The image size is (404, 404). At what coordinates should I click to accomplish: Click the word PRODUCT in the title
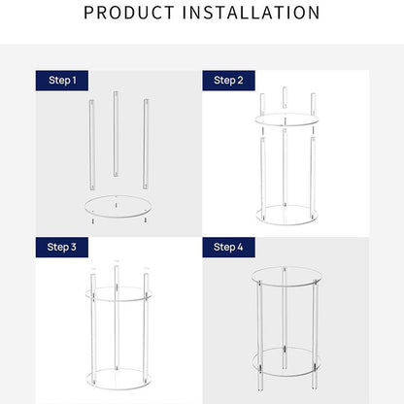point(131,14)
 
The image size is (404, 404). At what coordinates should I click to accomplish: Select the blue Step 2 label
point(229,79)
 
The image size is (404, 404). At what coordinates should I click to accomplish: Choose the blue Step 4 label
point(229,247)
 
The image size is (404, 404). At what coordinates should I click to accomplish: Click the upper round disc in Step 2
point(286,120)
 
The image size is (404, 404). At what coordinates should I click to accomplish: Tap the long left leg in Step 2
point(262,175)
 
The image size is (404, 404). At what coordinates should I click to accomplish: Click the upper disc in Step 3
point(118,293)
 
